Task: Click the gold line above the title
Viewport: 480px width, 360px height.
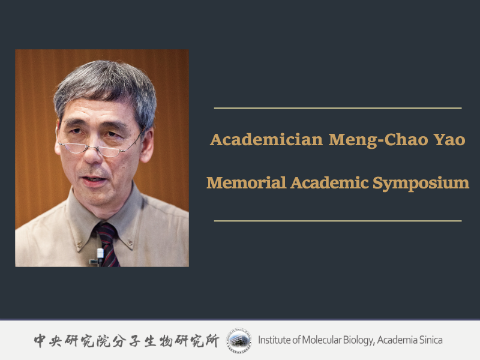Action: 338,108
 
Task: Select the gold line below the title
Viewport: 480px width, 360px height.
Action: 338,221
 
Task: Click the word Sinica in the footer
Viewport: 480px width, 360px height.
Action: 430,340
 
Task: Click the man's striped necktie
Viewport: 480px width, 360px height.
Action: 108,240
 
